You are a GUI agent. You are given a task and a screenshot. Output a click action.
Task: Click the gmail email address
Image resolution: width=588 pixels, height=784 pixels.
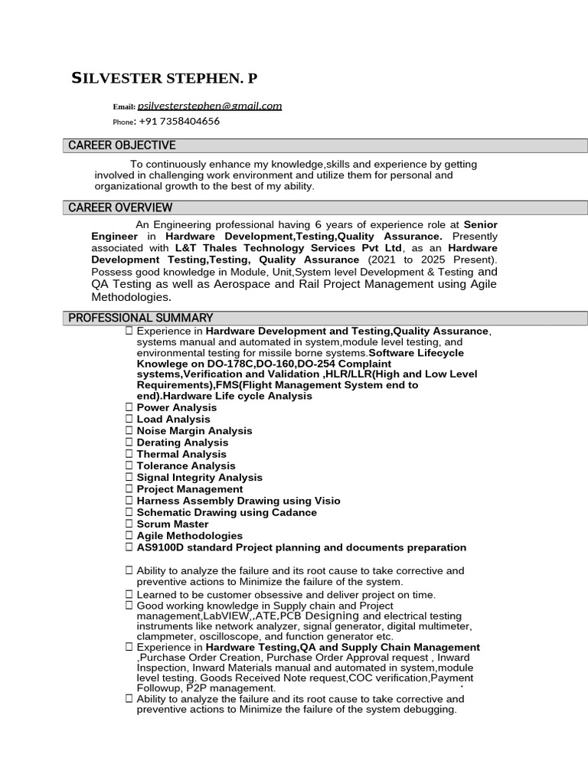click(210, 106)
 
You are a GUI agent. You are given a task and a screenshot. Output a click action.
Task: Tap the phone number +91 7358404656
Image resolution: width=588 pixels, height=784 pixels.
click(179, 121)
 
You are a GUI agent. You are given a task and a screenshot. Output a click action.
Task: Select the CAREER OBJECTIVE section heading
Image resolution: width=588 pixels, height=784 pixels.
click(122, 145)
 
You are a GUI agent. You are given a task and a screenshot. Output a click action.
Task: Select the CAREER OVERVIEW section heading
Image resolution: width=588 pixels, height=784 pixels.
click(120, 207)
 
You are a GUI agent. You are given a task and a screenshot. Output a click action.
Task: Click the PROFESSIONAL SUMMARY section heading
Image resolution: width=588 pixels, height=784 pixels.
click(141, 318)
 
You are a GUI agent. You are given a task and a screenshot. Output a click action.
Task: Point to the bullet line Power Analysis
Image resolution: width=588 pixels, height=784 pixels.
click(176, 407)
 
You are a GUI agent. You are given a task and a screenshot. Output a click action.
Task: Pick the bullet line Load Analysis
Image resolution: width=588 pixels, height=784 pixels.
click(173, 419)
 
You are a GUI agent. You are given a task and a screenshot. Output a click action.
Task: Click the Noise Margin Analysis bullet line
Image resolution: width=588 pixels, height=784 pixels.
click(194, 431)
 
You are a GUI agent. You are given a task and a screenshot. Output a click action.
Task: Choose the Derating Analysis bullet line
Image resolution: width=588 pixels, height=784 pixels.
click(182, 443)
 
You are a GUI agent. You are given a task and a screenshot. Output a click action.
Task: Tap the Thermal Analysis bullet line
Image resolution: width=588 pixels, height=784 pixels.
click(181, 454)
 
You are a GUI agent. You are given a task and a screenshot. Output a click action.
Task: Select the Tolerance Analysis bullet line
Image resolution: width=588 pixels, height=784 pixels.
click(186, 465)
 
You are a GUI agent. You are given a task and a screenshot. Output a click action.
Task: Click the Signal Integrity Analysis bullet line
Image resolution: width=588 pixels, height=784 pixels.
click(199, 478)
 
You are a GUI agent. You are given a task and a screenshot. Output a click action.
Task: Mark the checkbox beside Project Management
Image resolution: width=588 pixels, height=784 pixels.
click(129, 489)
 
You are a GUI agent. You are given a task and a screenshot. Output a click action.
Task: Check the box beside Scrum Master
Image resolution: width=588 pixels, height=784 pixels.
click(129, 524)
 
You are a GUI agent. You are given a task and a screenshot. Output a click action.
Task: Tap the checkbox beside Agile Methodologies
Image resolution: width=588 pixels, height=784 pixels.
click(129, 536)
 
